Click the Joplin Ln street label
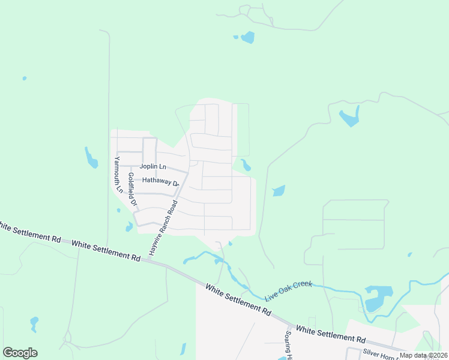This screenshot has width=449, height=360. (152, 166)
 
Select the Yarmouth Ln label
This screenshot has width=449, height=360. (118, 175)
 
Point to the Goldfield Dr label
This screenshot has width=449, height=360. (133, 190)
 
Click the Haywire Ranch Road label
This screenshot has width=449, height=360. (164, 228)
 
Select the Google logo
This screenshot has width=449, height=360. (20, 353)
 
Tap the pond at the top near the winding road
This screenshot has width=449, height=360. (247, 37)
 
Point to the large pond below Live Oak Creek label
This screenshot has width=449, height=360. (377, 298)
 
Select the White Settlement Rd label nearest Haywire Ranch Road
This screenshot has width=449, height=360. (106, 250)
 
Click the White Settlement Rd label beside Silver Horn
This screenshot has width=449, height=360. (330, 334)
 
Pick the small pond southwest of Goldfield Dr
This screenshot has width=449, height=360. (129, 227)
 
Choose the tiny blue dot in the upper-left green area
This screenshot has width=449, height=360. (24, 78)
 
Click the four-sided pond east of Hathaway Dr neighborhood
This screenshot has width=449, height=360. (279, 191)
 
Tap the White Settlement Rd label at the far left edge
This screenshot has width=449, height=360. (30, 232)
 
